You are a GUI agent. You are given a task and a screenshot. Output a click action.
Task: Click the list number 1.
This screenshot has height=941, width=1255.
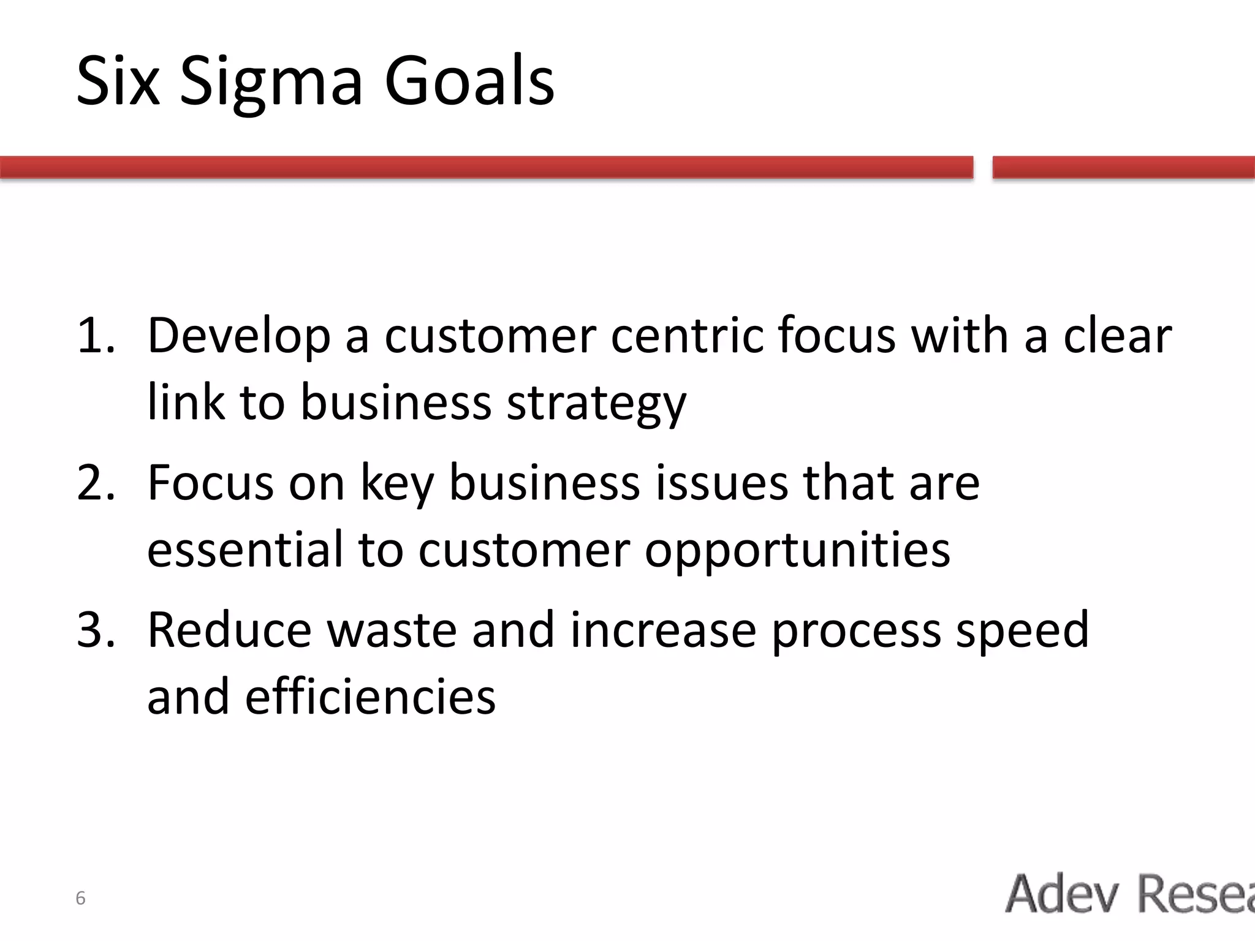tap(95, 335)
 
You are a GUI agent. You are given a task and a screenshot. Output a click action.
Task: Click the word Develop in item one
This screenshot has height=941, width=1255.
tap(238, 336)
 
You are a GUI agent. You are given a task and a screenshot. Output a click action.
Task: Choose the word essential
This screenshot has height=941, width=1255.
tap(245, 550)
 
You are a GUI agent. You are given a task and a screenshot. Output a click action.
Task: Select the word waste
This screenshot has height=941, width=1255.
tap(392, 630)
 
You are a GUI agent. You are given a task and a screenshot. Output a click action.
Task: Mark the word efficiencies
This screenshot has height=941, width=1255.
tap(370, 697)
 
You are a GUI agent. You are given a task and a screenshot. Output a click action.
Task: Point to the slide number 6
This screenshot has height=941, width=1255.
tap(80, 899)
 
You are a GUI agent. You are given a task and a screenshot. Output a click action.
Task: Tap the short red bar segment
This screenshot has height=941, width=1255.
tap(1123, 167)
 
